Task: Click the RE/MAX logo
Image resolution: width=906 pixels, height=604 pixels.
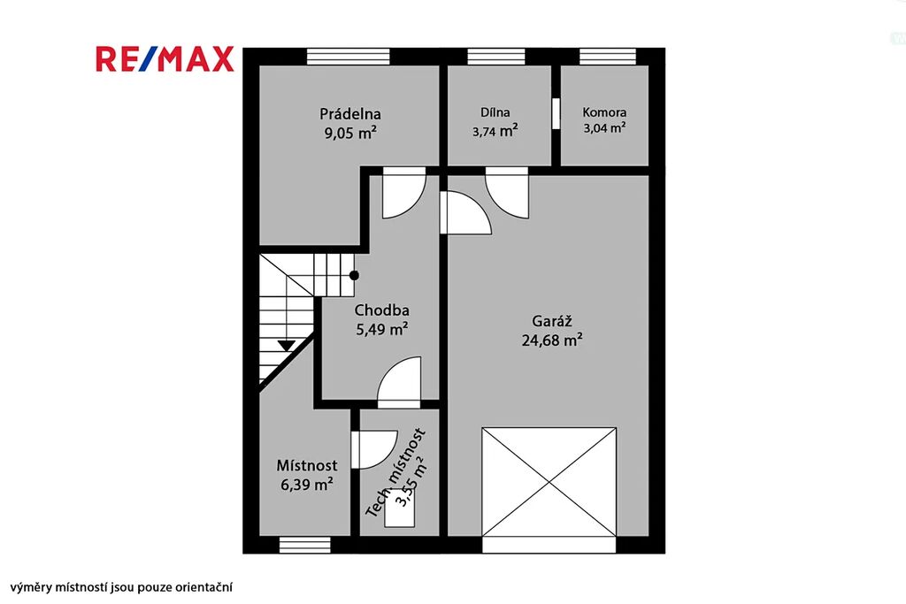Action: coord(165,59)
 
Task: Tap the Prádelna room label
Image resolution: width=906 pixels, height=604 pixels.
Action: coord(350,114)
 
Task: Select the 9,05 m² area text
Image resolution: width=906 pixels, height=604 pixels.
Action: coord(350,133)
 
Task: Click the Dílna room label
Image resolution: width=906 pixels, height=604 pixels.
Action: coord(495,112)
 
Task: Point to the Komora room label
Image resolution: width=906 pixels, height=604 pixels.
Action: coord(604,112)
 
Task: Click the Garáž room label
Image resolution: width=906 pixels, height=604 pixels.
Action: coord(552,321)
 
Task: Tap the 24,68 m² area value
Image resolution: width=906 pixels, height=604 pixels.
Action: coord(552,340)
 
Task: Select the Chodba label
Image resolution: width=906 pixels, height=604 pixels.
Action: coord(381,310)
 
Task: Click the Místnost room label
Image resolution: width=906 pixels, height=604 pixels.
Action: coord(307,465)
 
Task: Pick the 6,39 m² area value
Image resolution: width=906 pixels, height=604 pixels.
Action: coord(307,484)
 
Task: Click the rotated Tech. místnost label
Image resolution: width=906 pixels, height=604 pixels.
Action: coord(396,472)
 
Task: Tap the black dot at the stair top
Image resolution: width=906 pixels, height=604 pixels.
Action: coord(354,276)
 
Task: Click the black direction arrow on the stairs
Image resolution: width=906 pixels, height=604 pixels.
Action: coord(286,345)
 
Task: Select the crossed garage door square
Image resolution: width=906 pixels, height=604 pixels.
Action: coord(549,482)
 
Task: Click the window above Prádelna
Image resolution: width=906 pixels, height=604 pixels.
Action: coord(349,57)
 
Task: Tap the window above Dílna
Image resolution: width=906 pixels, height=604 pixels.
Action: coord(496,57)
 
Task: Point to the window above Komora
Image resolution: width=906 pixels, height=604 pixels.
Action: coord(608,57)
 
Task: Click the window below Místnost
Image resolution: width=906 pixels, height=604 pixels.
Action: coord(305,545)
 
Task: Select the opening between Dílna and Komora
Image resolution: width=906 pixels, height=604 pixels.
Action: coord(556,114)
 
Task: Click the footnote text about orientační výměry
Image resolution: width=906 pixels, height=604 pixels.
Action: coord(121,588)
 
